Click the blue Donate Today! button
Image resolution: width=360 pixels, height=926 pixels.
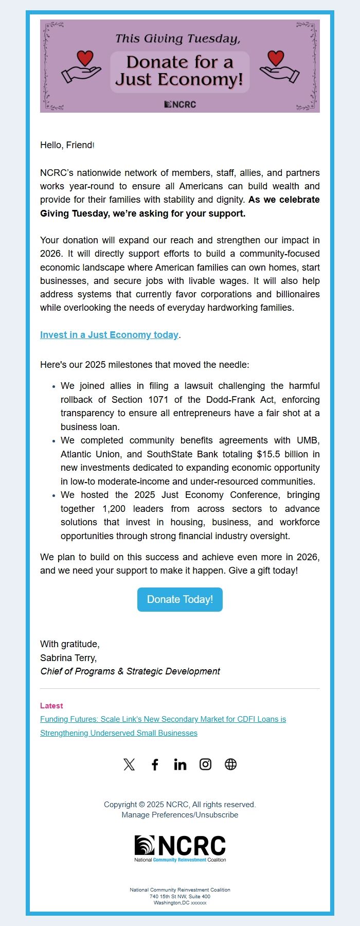click(180, 599)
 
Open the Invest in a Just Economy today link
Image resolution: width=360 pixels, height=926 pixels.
click(109, 335)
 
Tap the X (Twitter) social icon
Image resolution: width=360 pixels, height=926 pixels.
click(129, 764)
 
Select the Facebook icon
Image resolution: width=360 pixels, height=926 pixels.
click(155, 764)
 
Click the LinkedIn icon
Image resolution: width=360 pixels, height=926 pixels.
click(180, 764)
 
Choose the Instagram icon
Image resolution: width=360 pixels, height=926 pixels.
click(205, 764)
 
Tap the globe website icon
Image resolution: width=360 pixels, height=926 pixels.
click(231, 764)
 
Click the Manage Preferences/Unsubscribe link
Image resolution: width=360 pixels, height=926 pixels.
click(180, 815)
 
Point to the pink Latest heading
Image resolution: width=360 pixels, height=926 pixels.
click(51, 706)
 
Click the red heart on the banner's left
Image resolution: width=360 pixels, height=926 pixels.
click(85, 58)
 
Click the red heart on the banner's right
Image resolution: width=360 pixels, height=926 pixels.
click(276, 58)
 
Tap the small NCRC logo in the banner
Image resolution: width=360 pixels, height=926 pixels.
click(180, 104)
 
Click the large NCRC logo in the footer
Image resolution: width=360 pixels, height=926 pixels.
click(180, 848)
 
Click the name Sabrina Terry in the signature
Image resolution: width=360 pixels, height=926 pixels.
click(68, 657)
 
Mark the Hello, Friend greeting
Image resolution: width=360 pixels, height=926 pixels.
click(66, 145)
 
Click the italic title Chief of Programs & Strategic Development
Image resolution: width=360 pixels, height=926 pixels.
click(130, 671)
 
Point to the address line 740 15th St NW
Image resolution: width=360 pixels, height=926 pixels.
click(180, 896)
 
